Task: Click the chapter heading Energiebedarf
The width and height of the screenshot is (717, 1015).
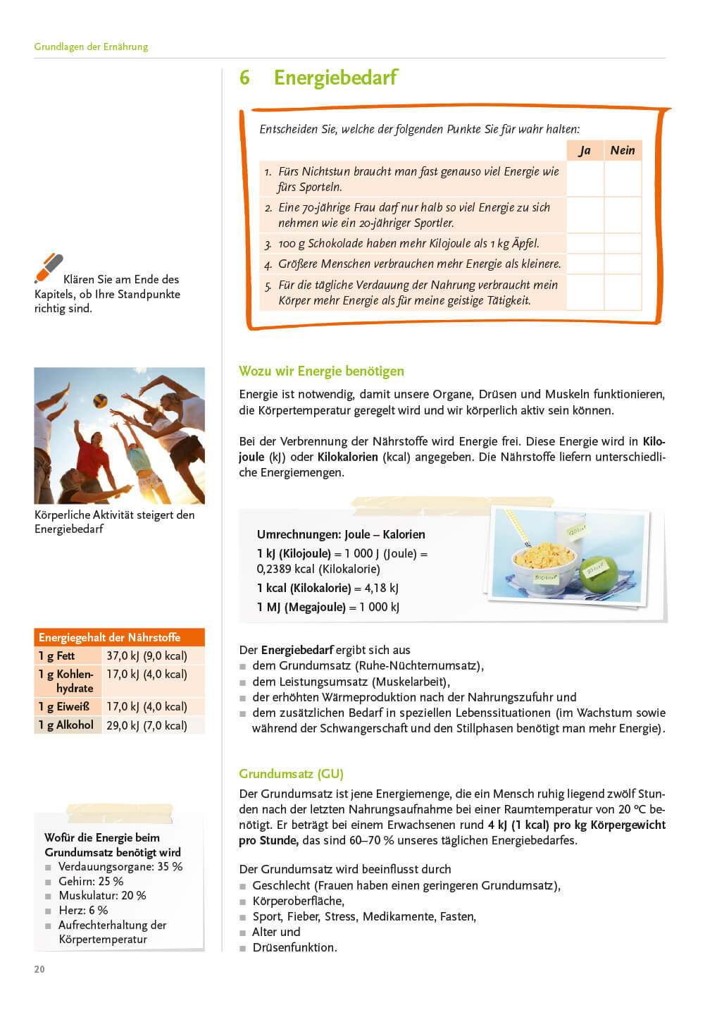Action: tap(335, 78)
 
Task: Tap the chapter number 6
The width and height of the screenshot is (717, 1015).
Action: tap(244, 78)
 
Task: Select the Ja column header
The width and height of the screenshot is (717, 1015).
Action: tap(585, 150)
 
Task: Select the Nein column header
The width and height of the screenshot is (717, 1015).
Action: tap(623, 150)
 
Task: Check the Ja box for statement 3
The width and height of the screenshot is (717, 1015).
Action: tap(585, 243)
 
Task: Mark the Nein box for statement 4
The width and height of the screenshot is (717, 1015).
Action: tap(623, 264)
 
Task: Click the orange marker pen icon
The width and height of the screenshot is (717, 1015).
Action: tap(49, 269)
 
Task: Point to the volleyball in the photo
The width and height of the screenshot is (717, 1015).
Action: tap(101, 400)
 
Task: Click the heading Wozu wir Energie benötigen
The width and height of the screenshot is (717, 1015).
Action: tap(321, 371)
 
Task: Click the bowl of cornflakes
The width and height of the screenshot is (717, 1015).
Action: tap(543, 562)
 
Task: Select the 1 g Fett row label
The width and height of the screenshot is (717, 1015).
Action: tap(57, 656)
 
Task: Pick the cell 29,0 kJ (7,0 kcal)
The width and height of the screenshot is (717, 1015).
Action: tap(146, 725)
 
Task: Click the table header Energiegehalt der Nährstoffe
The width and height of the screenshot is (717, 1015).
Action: tap(110, 637)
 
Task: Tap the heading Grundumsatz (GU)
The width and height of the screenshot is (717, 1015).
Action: tap(291, 774)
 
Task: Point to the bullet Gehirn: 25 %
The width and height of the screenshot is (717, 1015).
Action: tap(90, 881)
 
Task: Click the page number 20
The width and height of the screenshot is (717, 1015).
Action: tap(39, 969)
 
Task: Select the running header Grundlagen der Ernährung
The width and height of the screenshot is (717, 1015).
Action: tap(91, 47)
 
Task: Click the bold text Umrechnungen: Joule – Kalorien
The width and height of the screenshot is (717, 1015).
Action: tap(341, 534)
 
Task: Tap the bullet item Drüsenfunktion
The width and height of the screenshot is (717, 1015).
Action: tap(294, 947)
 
